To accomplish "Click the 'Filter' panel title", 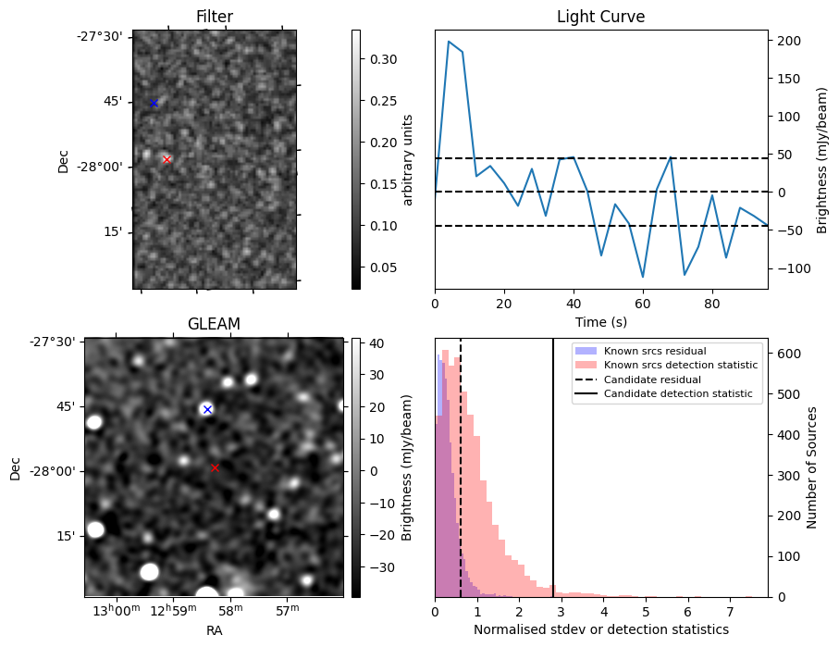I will (x=214, y=17).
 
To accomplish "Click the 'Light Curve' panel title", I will (x=600, y=17).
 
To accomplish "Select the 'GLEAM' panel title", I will (x=214, y=324).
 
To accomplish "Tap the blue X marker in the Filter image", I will (x=154, y=103).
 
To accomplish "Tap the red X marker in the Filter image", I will (x=167, y=159).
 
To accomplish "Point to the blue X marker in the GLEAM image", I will (x=207, y=409).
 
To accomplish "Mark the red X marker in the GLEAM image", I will (x=215, y=467).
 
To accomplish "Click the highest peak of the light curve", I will (x=449, y=42).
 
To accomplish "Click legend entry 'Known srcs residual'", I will (x=655, y=351).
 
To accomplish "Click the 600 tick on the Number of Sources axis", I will (x=785, y=354).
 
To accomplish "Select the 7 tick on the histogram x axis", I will (x=730, y=612).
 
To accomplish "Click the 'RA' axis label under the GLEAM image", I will (x=214, y=630).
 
